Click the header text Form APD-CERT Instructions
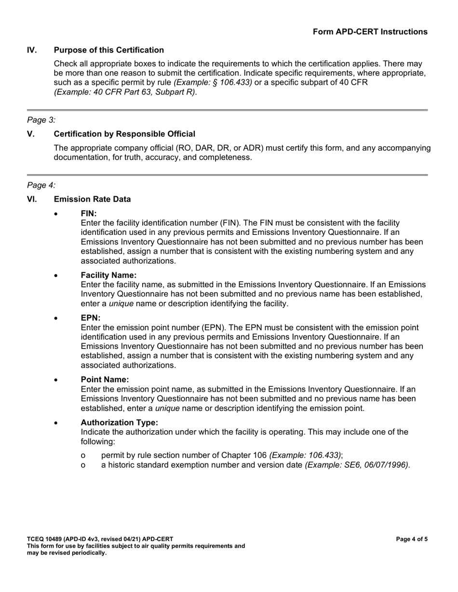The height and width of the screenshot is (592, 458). click(370, 32)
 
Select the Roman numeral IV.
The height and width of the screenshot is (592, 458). click(32, 50)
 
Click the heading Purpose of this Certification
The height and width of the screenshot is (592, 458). click(108, 50)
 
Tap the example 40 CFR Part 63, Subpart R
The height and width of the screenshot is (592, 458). click(125, 92)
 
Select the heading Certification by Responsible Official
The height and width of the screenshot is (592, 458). click(124, 134)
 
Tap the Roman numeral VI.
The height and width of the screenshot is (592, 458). click(32, 199)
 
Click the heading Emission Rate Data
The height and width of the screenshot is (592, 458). click(92, 199)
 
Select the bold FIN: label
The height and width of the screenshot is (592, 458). click(89, 213)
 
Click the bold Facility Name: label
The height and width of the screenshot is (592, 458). click(108, 275)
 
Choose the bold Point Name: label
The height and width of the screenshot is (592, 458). click(105, 380)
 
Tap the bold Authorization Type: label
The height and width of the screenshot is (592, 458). click(119, 423)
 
